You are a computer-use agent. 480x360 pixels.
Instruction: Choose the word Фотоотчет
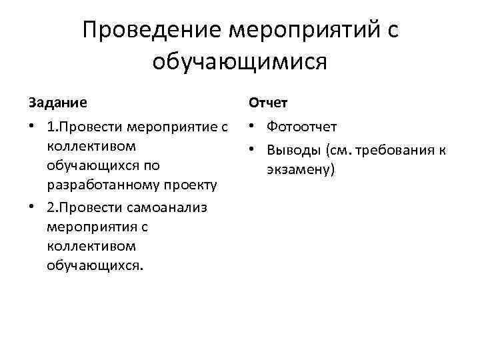click(301, 127)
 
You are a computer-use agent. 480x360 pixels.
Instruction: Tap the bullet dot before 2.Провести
click(33, 207)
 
